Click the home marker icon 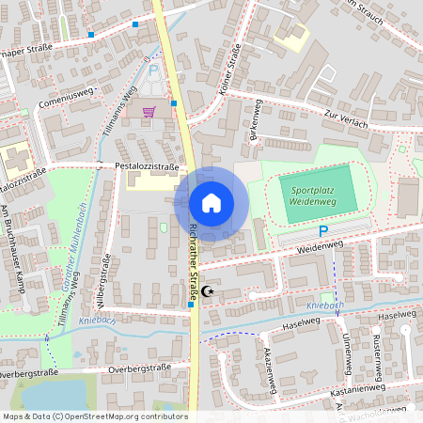[x=211, y=203]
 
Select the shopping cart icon [x=149, y=111]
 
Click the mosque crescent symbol [x=209, y=292]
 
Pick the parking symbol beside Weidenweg [x=324, y=231]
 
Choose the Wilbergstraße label [x=105, y=278]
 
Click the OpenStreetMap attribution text [x=94, y=415]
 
